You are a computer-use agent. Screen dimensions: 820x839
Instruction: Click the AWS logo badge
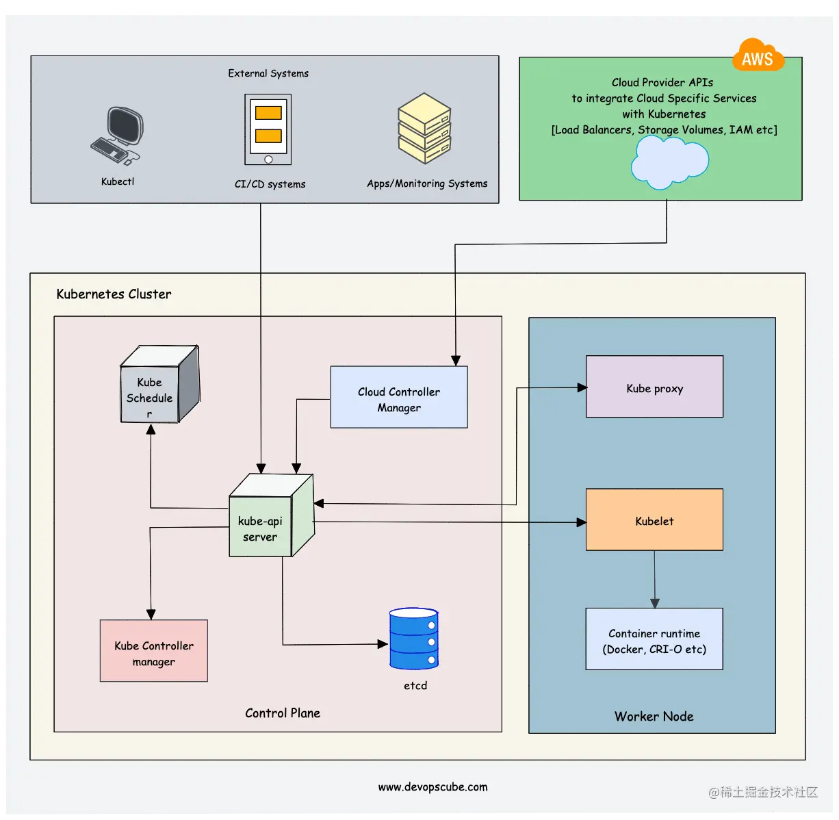tap(758, 57)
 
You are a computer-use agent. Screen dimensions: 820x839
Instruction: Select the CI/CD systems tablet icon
tap(268, 129)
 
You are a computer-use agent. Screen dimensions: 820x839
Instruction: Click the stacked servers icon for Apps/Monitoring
tap(424, 128)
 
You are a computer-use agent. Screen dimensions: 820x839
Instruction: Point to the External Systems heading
tap(268, 73)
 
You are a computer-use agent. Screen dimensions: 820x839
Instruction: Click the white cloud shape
tap(669, 162)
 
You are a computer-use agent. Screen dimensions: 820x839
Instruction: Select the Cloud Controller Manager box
tap(399, 397)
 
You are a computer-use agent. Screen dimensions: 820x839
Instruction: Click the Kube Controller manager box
tap(154, 651)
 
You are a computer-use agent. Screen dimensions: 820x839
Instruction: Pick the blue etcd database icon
tap(414, 638)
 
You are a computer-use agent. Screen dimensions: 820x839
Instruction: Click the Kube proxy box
tap(654, 387)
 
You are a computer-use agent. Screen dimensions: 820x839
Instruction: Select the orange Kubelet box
tap(654, 520)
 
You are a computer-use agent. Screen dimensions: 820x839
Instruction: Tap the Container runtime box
tap(654, 639)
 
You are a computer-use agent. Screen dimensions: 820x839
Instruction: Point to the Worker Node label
tap(654, 716)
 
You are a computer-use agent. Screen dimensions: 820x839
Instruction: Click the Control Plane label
tap(283, 713)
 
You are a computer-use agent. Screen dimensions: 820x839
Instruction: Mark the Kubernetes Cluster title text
tap(114, 294)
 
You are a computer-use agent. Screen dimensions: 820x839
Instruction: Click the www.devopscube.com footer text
tap(433, 787)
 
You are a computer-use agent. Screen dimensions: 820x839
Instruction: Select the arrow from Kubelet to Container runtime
tap(655, 579)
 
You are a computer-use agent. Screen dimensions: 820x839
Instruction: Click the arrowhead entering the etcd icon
tap(383, 644)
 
